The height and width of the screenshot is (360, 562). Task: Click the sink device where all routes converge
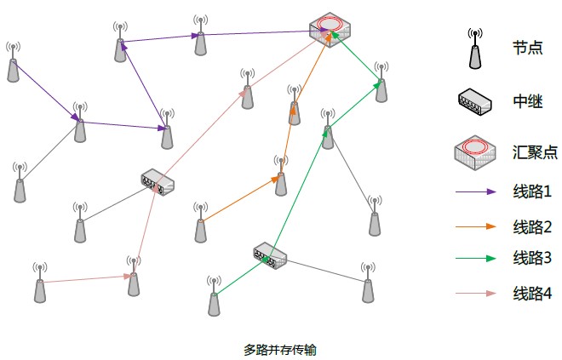tap(329, 31)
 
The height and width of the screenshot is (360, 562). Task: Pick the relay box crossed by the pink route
tap(158, 180)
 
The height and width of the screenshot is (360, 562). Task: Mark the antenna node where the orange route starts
tap(201, 223)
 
